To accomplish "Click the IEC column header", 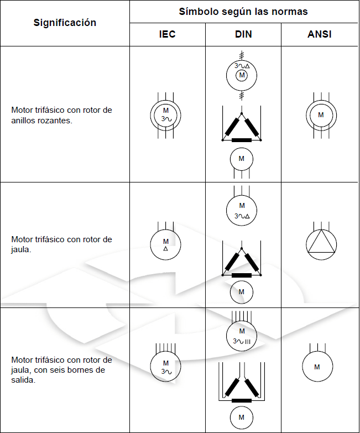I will pyautogui.click(x=167, y=34).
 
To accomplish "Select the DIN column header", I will pyautogui.click(x=243, y=34).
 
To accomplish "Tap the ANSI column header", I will pyautogui.click(x=320, y=34).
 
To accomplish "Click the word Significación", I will pyautogui.click(x=65, y=23).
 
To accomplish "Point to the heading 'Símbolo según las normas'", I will pyautogui.click(x=243, y=12).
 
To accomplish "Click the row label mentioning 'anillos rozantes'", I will pyautogui.click(x=61, y=114).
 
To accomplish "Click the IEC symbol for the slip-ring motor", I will pyautogui.click(x=166, y=115).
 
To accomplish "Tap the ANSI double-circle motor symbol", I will pyautogui.click(x=321, y=116).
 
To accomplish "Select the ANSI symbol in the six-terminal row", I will pyautogui.click(x=317, y=367).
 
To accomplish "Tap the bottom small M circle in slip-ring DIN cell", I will pyautogui.click(x=242, y=159).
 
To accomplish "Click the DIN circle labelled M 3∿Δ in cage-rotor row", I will pyautogui.click(x=242, y=210).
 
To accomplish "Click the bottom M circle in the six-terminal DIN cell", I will pyautogui.click(x=242, y=418).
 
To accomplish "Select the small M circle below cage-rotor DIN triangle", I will pyautogui.click(x=242, y=292).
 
